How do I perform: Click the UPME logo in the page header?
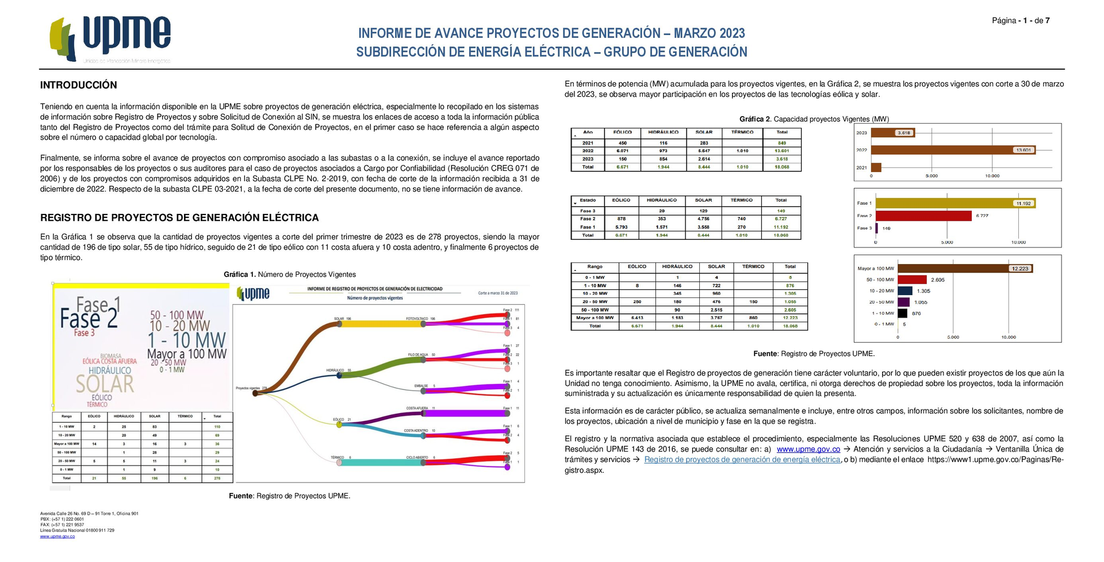click(x=110, y=38)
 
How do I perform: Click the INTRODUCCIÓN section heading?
click(x=78, y=85)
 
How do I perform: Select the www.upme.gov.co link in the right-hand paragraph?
click(x=808, y=449)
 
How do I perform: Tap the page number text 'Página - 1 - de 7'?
click(x=1020, y=21)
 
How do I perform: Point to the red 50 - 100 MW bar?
click(x=912, y=280)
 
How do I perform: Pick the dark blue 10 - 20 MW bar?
click(x=904, y=291)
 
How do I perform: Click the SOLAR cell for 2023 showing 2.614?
click(x=704, y=159)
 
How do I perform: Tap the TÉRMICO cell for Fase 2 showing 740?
click(x=741, y=219)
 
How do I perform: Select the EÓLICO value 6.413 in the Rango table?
click(x=637, y=318)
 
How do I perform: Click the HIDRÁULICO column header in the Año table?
click(x=663, y=132)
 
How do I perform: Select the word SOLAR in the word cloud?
click(x=105, y=384)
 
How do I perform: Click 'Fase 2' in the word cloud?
click(x=89, y=318)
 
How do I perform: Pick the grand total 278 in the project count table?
click(x=217, y=478)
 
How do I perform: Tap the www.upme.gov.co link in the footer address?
click(x=57, y=536)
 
